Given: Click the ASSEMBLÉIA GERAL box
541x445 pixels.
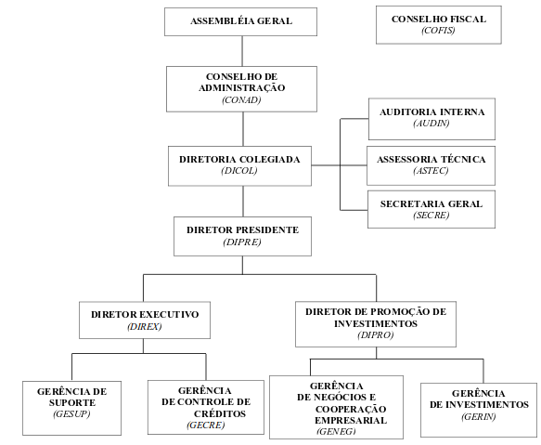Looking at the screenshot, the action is point(240,21).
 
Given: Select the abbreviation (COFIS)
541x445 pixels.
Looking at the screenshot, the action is point(438,31).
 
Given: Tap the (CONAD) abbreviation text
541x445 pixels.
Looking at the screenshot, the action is point(241,99).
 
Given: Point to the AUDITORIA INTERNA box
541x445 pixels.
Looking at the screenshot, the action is point(432,119).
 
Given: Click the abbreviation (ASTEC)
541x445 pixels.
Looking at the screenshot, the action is point(431,170).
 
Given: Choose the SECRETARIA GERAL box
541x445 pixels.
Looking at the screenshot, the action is point(432,209).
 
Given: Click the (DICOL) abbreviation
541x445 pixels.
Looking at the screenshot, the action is point(239,171).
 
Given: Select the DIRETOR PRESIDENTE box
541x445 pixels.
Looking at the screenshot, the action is point(242,236).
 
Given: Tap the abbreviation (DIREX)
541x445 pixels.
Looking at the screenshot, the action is point(145,326).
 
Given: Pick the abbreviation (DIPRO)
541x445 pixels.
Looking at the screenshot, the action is point(376,334).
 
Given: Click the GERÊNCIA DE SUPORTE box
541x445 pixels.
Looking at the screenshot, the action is point(71,408).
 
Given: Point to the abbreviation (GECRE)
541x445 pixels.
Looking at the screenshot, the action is point(206,425).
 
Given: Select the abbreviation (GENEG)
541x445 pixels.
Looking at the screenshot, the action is point(336,431).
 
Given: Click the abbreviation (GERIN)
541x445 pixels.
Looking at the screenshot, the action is point(479,416).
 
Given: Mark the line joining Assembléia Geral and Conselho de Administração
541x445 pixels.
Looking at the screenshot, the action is point(242,51).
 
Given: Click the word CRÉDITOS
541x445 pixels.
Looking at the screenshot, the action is point(220,413).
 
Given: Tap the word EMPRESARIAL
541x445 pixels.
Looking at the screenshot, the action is point(351,421).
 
